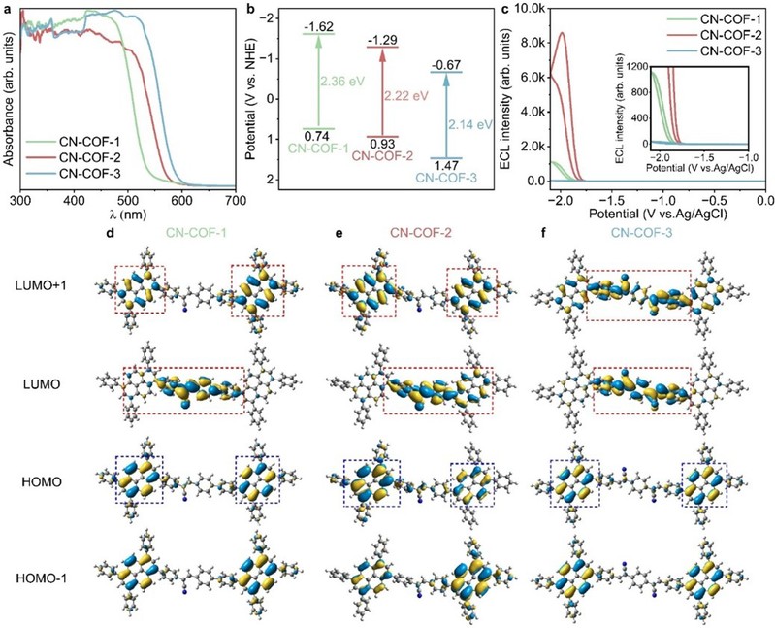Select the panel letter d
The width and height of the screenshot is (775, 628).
tap(114, 234)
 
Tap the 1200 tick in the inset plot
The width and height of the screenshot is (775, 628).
tap(626, 67)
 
